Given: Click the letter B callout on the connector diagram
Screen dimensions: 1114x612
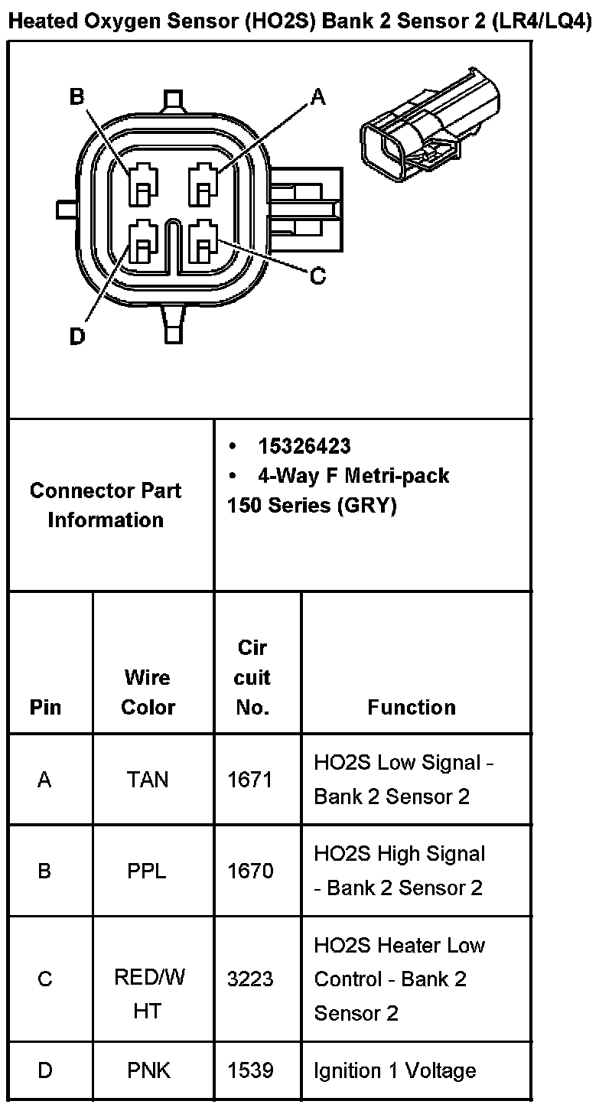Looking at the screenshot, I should point(76,97).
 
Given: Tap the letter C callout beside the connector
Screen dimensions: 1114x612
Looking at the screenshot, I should point(317,276).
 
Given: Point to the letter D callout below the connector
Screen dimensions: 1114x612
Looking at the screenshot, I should point(77,336).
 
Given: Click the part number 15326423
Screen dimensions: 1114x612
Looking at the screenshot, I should point(304,446).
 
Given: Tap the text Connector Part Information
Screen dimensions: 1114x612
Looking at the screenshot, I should point(106,505).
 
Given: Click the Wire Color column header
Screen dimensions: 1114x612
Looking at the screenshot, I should point(148,692).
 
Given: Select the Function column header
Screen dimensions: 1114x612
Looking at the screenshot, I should point(411,707).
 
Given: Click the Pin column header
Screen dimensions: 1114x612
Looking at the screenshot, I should point(45,707).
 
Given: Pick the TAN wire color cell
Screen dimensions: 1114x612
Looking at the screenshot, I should point(148,780).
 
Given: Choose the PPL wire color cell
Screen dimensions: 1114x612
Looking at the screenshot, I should point(148,871).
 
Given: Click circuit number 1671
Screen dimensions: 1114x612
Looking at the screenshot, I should point(250,780).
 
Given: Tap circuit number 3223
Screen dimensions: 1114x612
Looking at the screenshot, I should point(250,979).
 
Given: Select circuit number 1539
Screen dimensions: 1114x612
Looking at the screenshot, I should point(250,1070).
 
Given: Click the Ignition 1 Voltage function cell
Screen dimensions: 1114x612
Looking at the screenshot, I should point(395,1070).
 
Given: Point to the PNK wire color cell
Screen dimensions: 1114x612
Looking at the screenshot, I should point(148,1070).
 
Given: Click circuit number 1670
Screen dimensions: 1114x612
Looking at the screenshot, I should point(250,871).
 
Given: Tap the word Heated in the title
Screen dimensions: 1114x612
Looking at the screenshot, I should point(37,21).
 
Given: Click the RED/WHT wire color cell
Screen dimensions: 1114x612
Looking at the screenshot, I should point(148,994).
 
